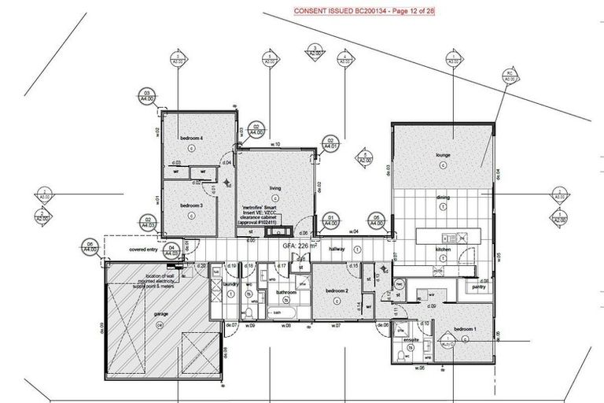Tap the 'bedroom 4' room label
tap(192, 139)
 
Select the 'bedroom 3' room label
tap(192, 205)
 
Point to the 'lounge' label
tap(443, 156)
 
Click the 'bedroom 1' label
tap(466, 328)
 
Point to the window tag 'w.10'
tap(276, 145)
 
